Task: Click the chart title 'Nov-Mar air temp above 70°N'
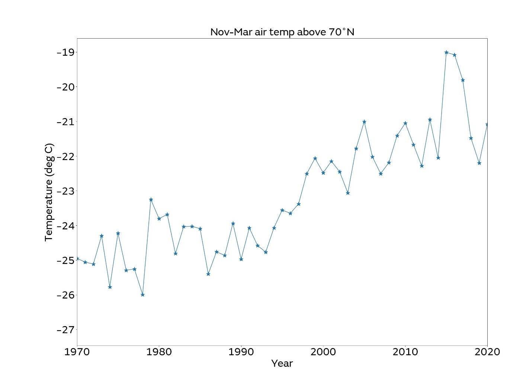(282, 32)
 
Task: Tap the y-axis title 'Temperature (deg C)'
(49, 192)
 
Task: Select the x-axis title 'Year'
(282, 364)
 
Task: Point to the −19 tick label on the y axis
(65, 52)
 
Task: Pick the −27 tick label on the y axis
(65, 330)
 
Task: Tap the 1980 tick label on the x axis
(159, 352)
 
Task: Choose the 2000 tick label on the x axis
(323, 352)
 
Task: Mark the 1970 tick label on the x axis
(77, 352)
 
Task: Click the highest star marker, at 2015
(446, 52)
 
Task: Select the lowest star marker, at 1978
(142, 295)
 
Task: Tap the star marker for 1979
(151, 199)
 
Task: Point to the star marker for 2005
(364, 121)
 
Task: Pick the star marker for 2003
(348, 193)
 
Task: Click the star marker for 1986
(208, 274)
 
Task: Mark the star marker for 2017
(463, 80)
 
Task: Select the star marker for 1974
(110, 287)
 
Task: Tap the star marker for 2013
(430, 120)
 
